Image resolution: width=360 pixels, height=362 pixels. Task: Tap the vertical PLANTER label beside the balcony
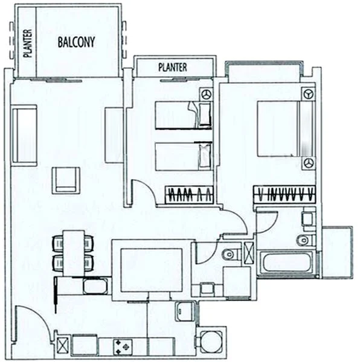pos(27,43)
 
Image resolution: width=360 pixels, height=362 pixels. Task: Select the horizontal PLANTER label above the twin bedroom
pos(172,68)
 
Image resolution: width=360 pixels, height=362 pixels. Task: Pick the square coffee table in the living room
pos(65,180)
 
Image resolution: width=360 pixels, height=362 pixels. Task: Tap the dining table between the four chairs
pos(73,252)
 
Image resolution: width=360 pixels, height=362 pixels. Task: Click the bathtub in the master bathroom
pos(286,263)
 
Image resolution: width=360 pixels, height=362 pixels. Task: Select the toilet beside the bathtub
pos(304,241)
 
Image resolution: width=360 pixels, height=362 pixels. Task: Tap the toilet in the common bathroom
pos(230,255)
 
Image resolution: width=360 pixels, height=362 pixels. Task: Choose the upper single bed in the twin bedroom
pos(181,115)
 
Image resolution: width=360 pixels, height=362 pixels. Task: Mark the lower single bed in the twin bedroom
pos(181,156)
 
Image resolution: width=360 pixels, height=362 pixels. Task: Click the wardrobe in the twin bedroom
pos(188,195)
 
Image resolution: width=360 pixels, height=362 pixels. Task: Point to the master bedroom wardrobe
pos(283,194)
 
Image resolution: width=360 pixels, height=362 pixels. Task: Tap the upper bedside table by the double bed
pos(308,94)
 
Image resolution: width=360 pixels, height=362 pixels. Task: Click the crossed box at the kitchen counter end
pos(62,345)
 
